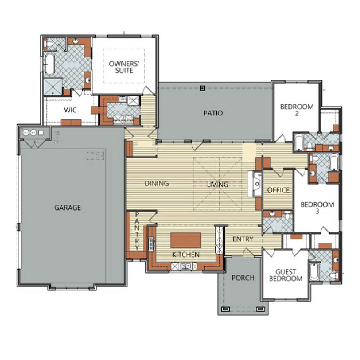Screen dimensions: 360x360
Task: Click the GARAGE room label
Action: click(x=68, y=208)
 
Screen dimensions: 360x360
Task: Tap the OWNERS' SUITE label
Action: click(x=124, y=67)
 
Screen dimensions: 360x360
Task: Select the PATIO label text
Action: click(x=213, y=113)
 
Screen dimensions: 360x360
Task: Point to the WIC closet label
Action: click(x=70, y=110)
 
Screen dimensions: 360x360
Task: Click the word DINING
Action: click(x=157, y=183)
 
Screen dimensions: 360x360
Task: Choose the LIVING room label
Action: click(x=218, y=185)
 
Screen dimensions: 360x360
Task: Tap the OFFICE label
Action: click(x=278, y=190)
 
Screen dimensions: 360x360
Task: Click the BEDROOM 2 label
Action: click(x=297, y=110)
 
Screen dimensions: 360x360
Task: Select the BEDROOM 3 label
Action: click(x=317, y=208)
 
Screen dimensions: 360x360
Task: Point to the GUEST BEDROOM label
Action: click(x=286, y=275)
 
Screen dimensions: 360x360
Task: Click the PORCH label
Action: click(x=243, y=278)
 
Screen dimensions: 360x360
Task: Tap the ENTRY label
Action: click(x=243, y=239)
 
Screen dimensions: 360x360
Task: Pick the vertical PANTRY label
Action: click(x=137, y=231)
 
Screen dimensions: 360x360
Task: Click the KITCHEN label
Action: click(x=186, y=255)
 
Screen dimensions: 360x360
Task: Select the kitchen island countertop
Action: click(x=186, y=240)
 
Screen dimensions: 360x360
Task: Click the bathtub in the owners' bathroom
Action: click(x=49, y=64)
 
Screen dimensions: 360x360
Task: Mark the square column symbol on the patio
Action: click(x=202, y=88)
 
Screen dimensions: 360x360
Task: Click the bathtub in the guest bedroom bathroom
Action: click(x=314, y=271)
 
